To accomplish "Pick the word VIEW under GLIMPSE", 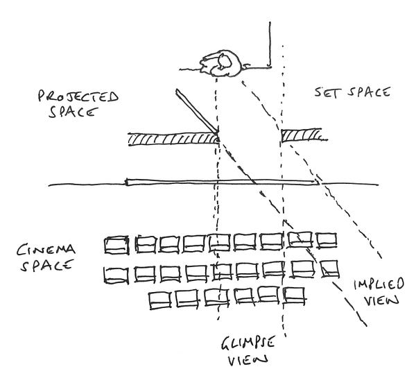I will click(x=248, y=361).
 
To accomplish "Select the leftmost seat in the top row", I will click(x=116, y=244).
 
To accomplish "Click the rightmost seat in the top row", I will click(x=325, y=240).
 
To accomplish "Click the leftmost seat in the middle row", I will click(x=116, y=274).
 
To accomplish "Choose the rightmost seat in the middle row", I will click(x=327, y=267).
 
